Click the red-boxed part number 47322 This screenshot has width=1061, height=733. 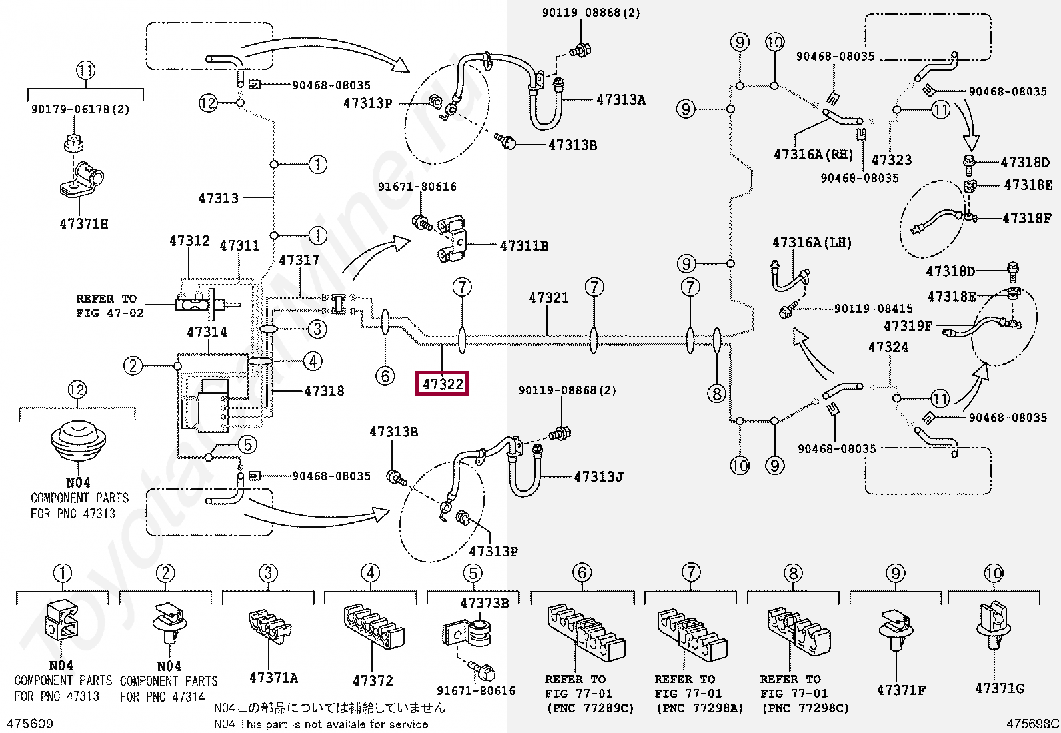coord(443,384)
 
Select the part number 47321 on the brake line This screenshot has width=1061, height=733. coord(548,297)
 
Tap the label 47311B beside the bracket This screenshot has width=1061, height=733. coord(524,245)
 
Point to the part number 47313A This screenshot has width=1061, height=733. coord(621,100)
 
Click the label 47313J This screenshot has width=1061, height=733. coord(598,476)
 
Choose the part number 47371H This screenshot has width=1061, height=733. coord(84,224)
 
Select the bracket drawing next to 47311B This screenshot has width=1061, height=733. coord(452,239)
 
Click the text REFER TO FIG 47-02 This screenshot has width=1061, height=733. coord(109,306)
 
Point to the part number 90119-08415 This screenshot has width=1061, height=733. coord(874,309)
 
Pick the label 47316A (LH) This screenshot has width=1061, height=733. coord(812,243)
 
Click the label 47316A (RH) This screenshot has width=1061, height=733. coord(813,155)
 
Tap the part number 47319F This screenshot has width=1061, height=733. coord(908,325)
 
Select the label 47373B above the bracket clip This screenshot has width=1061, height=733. coord(485,603)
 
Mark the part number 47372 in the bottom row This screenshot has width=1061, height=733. coord(373,681)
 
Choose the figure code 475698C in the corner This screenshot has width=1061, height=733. coord(1032,724)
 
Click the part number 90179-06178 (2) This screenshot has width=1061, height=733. coord(80,109)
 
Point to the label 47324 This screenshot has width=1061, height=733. coord(888,347)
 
